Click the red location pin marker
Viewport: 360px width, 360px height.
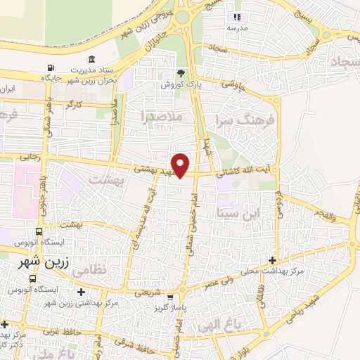click(x=181, y=164)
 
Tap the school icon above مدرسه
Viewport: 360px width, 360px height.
click(x=237, y=17)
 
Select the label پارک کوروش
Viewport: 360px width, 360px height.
click(x=181, y=84)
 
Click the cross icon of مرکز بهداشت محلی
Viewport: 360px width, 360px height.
click(x=271, y=260)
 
